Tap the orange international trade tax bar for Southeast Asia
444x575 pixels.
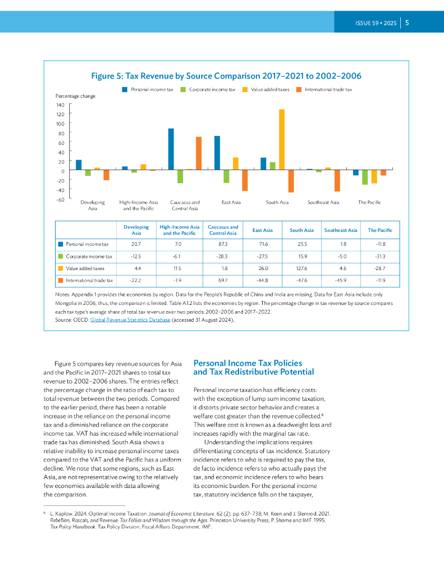tap(337, 180)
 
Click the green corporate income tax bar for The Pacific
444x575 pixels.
tap(365, 177)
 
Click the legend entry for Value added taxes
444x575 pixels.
tap(266, 89)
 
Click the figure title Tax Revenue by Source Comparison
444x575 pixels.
tap(226, 76)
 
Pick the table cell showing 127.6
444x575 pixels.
tap(301, 268)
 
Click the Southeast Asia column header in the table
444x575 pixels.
tap(340, 230)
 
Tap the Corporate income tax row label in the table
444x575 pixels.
tap(89, 257)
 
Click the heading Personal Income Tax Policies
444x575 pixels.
tap(248, 363)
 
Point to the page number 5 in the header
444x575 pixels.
tap(406, 23)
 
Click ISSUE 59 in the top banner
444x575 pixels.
tap(368, 24)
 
